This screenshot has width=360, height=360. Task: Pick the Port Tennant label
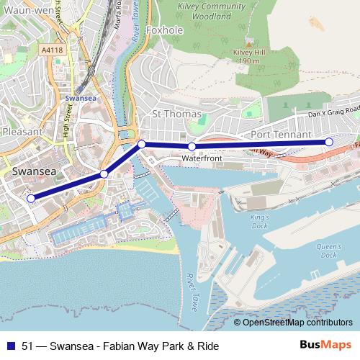click(281, 135)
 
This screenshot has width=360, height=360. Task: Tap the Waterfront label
click(201, 157)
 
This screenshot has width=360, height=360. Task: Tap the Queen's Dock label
click(328, 251)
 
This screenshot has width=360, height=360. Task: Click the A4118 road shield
click(52, 50)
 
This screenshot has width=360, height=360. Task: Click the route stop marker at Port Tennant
click(329, 142)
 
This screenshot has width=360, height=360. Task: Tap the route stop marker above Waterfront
click(192, 146)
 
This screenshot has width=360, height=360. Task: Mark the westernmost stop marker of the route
click(30, 198)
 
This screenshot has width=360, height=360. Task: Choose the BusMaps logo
click(325, 345)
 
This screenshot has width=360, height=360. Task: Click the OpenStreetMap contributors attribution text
click(297, 322)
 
